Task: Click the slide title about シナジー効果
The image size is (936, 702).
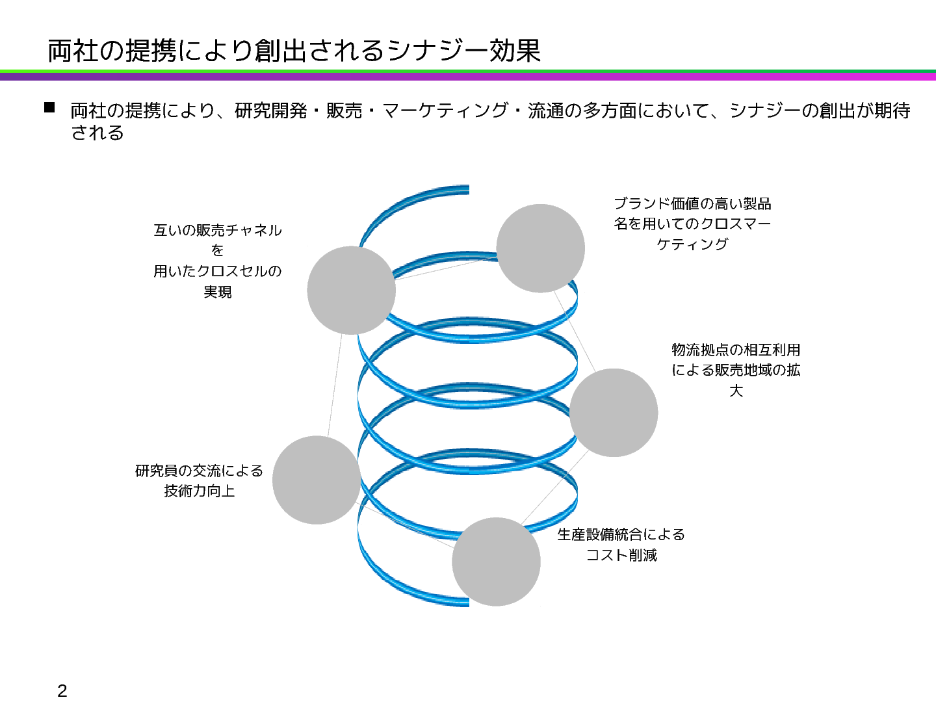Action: coord(294,51)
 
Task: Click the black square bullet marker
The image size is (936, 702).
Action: coord(49,108)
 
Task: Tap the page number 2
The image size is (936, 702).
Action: coord(62,690)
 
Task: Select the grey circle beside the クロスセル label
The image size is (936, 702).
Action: coord(351,290)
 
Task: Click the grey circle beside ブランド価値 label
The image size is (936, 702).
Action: coord(540,248)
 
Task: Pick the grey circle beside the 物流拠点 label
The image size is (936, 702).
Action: coord(614,413)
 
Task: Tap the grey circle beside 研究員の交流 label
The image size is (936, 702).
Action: coord(317,480)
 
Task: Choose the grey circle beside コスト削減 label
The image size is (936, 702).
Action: coord(496,562)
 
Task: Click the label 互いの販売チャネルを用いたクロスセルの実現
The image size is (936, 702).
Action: coord(217,261)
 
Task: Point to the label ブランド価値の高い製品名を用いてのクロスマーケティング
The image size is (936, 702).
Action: coord(692,224)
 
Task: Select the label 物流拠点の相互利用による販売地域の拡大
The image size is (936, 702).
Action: coord(736,370)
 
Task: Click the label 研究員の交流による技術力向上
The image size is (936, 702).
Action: coord(199,480)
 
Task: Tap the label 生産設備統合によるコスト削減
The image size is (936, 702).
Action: coord(621,545)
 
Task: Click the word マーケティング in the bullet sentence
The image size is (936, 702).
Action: coord(445,110)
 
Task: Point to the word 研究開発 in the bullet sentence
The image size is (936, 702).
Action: coord(271,110)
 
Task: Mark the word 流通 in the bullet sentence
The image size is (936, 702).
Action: coord(546,110)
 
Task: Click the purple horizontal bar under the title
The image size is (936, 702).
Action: coord(468,77)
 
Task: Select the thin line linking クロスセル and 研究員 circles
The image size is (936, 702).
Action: coord(334,385)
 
